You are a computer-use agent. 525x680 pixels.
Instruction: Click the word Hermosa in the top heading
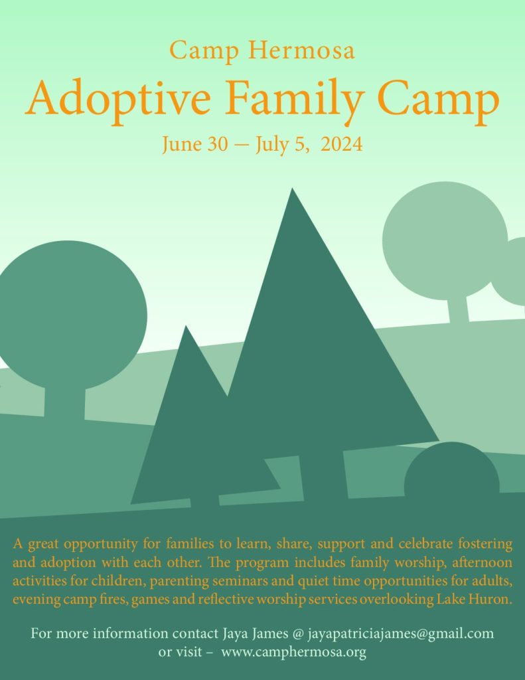[302, 50]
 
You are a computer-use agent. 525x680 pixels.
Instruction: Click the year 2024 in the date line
[342, 144]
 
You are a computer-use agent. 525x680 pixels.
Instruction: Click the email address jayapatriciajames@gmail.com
[401, 634]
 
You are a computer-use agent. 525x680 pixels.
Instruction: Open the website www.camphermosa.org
[293, 652]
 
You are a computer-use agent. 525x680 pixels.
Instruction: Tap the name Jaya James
[256, 634]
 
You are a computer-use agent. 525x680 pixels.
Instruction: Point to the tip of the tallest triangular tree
[292, 188]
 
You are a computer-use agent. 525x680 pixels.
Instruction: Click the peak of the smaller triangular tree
[186, 325]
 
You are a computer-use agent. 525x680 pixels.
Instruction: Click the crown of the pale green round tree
[445, 240]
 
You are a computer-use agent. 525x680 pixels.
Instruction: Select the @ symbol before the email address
[298, 634]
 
